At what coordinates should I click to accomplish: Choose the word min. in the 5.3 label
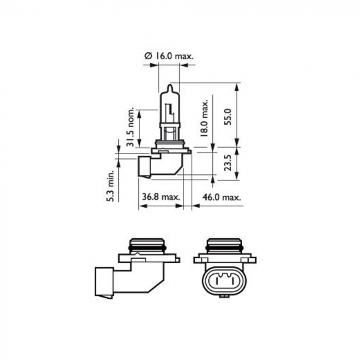(110, 175)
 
